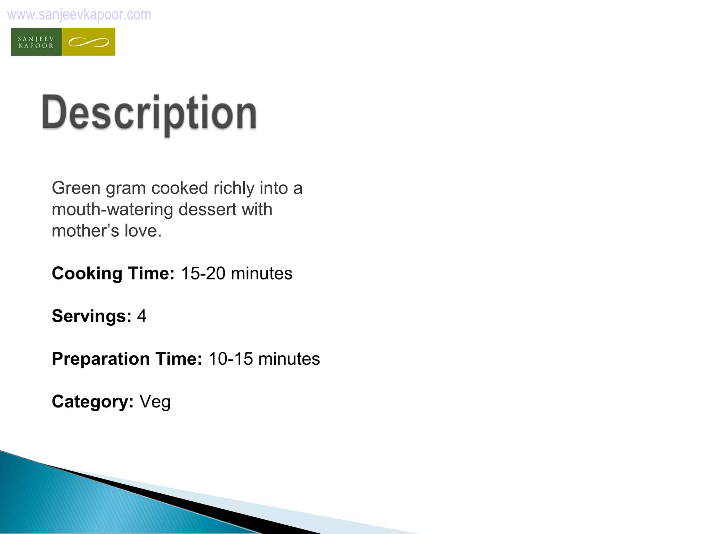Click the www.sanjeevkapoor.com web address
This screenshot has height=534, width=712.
pyautogui.click(x=79, y=15)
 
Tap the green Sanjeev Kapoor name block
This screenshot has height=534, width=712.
pyautogui.click(x=37, y=42)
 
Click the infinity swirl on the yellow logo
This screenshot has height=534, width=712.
pyautogui.click(x=89, y=42)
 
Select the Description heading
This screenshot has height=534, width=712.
pyautogui.click(x=149, y=113)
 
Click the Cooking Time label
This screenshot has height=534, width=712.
pyautogui.click(x=113, y=273)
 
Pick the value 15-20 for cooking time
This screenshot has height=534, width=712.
pyautogui.click(x=203, y=273)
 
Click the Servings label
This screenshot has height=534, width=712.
pyautogui.click(x=91, y=316)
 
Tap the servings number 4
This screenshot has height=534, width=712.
pyautogui.click(x=141, y=316)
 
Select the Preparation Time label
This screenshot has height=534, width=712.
pyautogui.click(x=127, y=359)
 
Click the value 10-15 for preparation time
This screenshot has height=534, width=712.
pyautogui.click(x=230, y=359)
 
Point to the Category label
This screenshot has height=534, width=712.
pyautogui.click(x=92, y=402)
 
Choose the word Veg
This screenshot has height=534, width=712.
pyautogui.click(x=155, y=402)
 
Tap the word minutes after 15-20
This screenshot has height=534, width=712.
pyautogui.click(x=261, y=273)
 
